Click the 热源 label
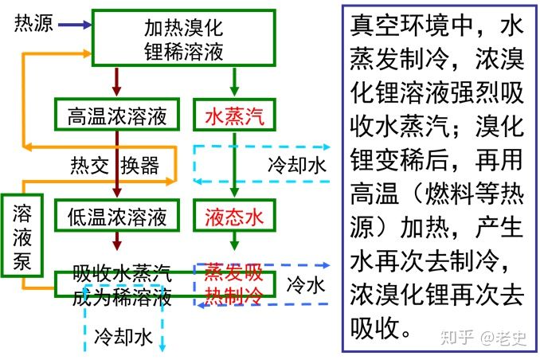(x=34, y=23)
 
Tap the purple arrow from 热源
(x=73, y=24)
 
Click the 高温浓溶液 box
(x=118, y=115)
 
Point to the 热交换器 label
(x=115, y=166)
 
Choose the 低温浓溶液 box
(x=118, y=215)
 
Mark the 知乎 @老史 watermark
(x=481, y=337)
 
